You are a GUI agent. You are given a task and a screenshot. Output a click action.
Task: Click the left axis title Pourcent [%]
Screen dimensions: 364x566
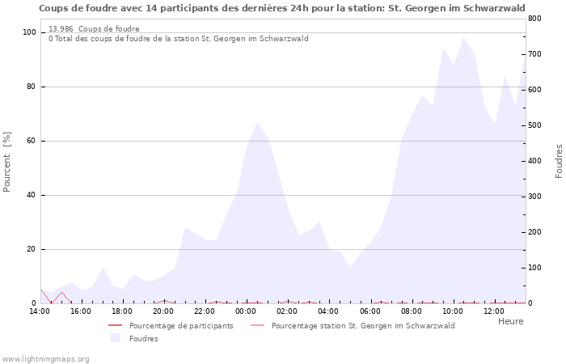point(7,162)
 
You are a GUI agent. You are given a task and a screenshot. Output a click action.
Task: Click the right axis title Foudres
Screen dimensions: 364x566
point(559,162)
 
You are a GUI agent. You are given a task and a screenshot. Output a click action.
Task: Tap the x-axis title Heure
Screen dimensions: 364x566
point(510,321)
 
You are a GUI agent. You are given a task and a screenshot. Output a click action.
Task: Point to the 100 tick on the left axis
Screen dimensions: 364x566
point(29,32)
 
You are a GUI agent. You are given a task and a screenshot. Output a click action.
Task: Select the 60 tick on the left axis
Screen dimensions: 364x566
point(32,141)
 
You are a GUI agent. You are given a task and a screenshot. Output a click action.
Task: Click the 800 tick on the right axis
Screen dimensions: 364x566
point(535,19)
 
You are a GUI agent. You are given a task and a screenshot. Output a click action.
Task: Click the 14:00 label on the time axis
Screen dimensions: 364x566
point(40,311)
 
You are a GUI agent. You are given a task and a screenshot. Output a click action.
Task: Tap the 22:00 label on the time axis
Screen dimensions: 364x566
point(205,311)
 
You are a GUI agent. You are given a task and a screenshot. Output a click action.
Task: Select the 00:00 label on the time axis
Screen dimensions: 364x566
point(247,311)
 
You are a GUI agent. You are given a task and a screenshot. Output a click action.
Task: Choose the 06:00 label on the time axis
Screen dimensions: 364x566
point(370,311)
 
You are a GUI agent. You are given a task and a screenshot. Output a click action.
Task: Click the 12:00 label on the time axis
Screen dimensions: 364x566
point(494,311)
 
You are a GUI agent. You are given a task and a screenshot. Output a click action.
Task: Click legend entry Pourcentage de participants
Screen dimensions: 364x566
point(181,326)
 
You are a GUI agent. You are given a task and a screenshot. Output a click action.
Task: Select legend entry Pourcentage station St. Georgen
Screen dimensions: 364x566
point(363,326)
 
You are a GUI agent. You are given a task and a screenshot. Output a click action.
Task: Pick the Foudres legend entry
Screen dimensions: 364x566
point(144,339)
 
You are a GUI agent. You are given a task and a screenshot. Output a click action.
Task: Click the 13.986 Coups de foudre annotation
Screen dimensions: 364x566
point(94,29)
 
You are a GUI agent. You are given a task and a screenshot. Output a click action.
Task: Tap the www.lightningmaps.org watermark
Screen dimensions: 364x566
point(45,358)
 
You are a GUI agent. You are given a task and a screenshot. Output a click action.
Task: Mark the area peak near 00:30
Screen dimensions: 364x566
point(257,123)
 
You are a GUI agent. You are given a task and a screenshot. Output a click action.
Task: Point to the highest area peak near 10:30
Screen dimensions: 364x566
point(463,37)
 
